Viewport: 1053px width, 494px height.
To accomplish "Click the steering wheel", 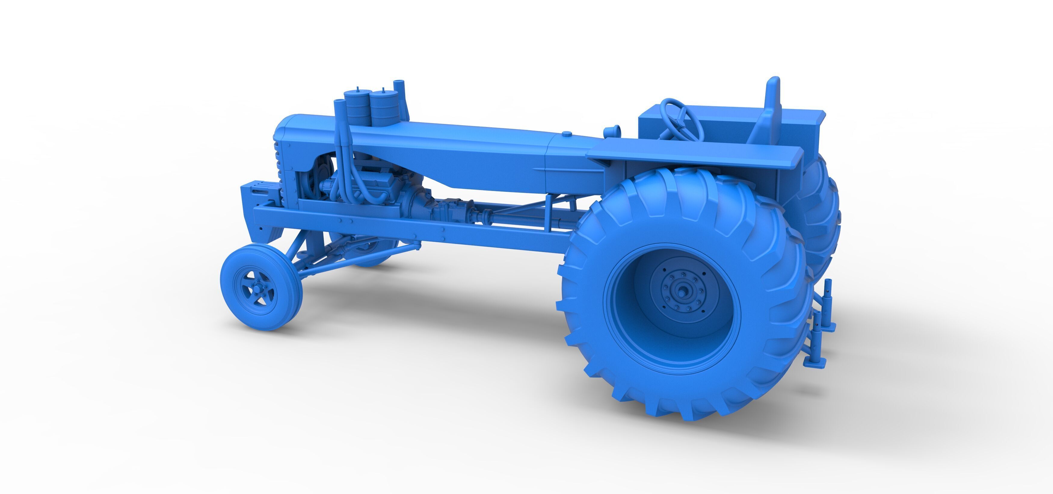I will (x=682, y=119).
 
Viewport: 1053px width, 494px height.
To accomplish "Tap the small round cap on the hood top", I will (x=567, y=134).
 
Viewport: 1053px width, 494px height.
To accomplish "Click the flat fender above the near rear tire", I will (x=695, y=156).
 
